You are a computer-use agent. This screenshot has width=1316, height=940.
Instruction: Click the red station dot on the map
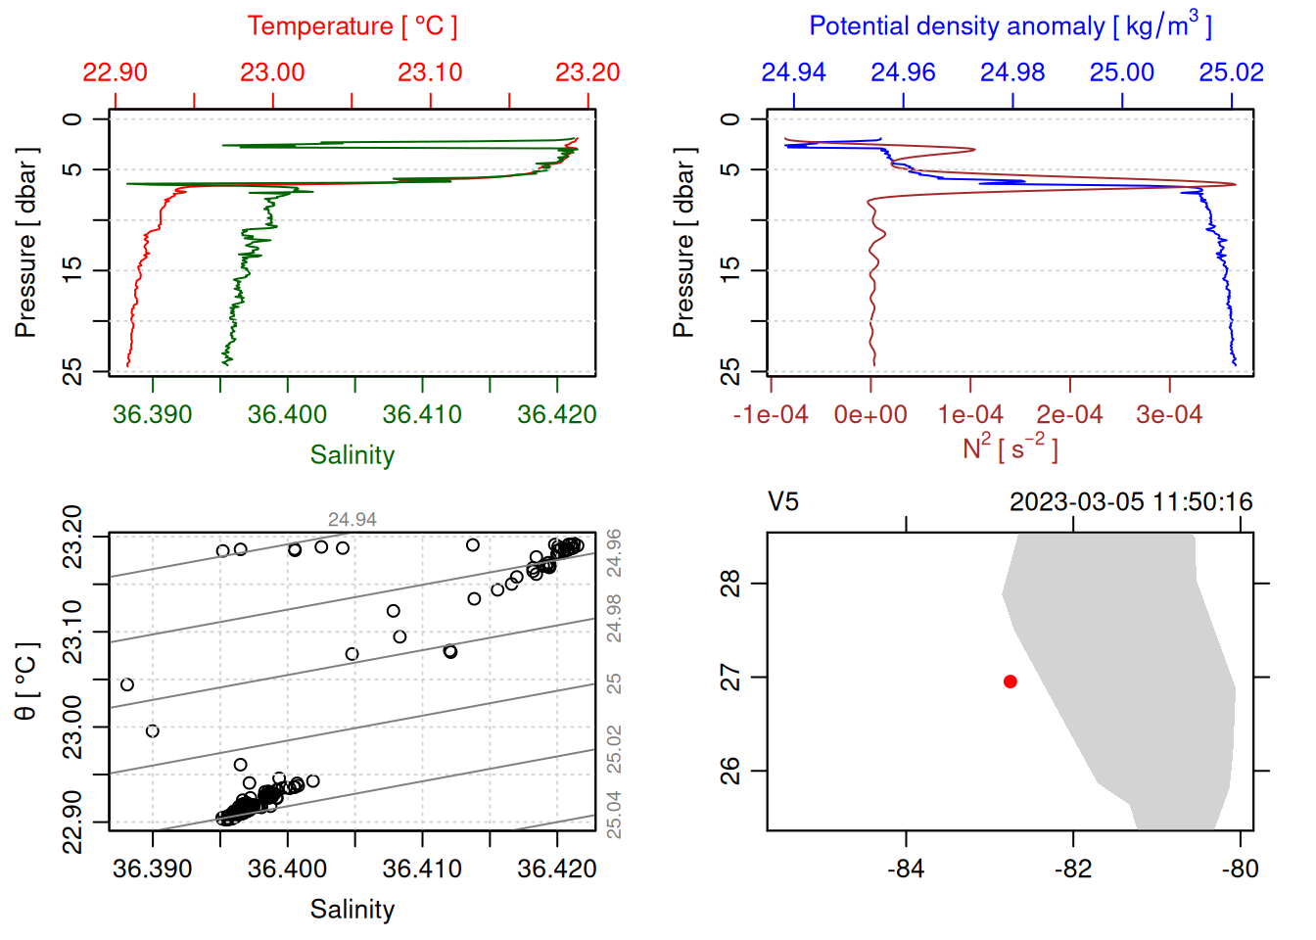tap(1010, 681)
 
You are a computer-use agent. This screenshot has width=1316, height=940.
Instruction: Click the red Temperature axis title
tap(352, 26)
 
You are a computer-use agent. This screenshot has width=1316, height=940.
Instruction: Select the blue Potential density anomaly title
tap(1010, 25)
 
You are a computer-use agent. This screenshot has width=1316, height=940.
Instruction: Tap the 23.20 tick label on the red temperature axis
tap(587, 72)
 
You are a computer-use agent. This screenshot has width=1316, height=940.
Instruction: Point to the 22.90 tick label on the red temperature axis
tap(115, 72)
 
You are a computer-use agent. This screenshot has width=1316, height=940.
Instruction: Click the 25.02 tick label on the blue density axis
tap(1231, 72)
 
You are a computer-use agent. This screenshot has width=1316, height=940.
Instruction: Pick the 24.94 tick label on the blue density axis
tap(793, 72)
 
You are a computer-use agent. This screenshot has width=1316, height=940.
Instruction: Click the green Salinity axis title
tap(352, 455)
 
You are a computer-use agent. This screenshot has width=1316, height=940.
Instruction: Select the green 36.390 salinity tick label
tap(152, 414)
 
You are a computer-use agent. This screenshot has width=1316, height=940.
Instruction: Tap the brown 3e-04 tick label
tap(1168, 414)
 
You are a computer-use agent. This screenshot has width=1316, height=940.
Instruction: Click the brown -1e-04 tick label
tap(771, 414)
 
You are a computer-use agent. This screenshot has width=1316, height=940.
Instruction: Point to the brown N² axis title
tap(1010, 447)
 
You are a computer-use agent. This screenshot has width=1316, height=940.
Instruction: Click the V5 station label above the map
tap(783, 502)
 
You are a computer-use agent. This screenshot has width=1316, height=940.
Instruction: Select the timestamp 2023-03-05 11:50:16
tap(1131, 502)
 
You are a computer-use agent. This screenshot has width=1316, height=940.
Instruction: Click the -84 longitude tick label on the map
tap(905, 869)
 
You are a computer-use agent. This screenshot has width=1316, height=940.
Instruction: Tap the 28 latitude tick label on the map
tap(731, 584)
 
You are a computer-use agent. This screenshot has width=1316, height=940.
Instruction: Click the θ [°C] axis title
tap(26, 681)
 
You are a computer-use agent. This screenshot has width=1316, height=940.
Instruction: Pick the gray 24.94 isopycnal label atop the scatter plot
tap(352, 520)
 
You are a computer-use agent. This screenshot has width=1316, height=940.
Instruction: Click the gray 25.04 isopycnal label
tap(614, 815)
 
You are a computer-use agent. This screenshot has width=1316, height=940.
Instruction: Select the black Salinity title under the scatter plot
tap(352, 910)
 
